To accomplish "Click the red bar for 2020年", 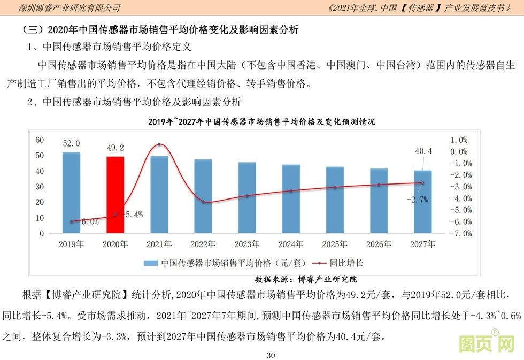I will pyautogui.click(x=115, y=195).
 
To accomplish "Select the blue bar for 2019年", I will pyautogui.click(x=71, y=193).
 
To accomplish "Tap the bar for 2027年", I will pyautogui.click(x=423, y=202).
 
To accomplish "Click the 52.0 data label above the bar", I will pyautogui.click(x=71, y=143).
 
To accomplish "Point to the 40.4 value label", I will pyautogui.click(x=423, y=151).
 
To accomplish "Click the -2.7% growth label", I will pyautogui.click(x=418, y=199).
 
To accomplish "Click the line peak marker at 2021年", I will pyautogui.click(x=159, y=145).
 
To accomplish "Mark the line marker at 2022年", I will pyautogui.click(x=203, y=202).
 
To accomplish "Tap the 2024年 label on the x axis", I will pyautogui.click(x=291, y=244).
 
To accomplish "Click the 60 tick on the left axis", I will pyautogui.click(x=40, y=140).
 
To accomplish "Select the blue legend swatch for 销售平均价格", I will pyautogui.click(x=150, y=263).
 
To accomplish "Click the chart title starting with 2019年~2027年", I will pyautogui.click(x=261, y=122).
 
